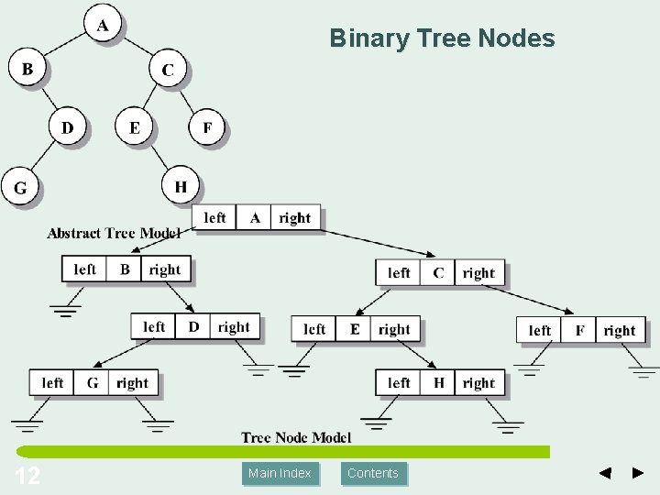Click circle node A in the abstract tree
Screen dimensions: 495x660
coord(102,26)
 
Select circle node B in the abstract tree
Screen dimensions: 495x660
coord(27,69)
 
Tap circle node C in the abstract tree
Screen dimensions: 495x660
coord(168,70)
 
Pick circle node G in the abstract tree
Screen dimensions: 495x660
coord(19,187)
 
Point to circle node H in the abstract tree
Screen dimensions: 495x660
coord(181,186)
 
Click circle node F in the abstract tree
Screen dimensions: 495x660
coord(207,127)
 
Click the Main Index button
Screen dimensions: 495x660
coord(280,473)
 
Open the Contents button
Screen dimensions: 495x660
coord(373,473)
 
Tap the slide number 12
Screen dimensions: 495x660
coord(27,475)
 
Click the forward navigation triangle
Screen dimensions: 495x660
coord(638,473)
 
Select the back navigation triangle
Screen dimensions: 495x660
coord(605,473)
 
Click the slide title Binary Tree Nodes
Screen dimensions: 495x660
coord(442,38)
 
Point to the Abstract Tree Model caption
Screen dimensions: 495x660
coord(114,233)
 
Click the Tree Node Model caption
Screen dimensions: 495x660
coord(296,437)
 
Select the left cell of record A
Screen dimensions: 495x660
coord(214,217)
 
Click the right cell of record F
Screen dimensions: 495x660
coord(620,330)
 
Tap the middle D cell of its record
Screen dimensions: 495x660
coord(193,326)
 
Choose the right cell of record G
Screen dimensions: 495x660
coord(133,383)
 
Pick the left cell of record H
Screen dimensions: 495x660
coord(399,383)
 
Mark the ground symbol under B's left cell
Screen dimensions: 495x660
coord(66,309)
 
